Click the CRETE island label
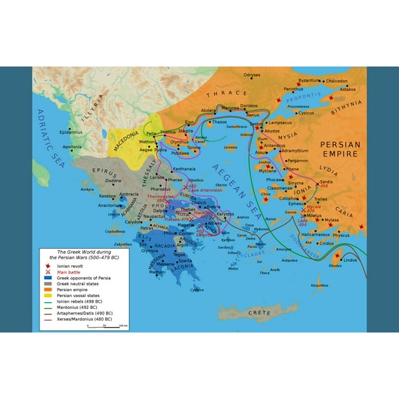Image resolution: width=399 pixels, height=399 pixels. pos(260,313)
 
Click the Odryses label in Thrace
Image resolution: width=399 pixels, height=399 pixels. pos(251,75)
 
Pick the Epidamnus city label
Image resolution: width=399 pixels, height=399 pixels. pos(71,132)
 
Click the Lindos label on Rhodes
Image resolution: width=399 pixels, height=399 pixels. pos(350,260)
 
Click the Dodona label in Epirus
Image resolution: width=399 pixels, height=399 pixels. pos(113,181)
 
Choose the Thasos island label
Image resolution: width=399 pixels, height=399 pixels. pos(219,123)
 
